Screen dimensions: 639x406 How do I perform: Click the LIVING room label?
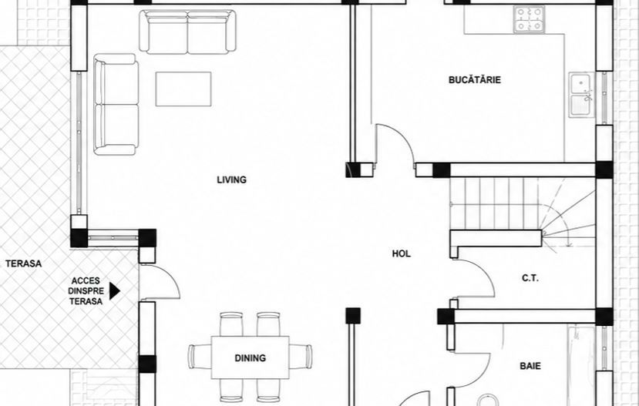coord(231,180)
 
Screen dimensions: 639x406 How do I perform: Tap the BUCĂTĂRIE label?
coord(475,80)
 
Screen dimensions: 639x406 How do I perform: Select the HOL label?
coord(402,253)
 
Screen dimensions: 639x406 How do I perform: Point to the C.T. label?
coord(530,278)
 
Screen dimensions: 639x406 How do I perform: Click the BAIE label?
coord(530,366)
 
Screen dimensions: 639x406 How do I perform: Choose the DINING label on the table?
coord(251,358)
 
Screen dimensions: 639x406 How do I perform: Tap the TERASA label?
coord(24,263)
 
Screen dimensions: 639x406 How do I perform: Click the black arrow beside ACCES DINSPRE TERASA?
coord(115,291)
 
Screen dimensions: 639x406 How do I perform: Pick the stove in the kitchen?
coord(529,19)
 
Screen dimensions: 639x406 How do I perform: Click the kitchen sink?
coord(582,95)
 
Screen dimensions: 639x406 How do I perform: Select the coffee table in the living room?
coord(183,89)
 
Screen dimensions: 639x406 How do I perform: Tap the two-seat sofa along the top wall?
coord(187,32)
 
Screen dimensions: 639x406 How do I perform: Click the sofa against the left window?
coord(116,104)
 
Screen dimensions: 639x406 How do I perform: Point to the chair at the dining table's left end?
coord(200,357)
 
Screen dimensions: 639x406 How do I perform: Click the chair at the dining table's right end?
coord(301,357)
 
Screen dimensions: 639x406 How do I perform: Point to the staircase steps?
coord(522,212)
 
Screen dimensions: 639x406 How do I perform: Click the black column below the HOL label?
coord(353,316)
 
